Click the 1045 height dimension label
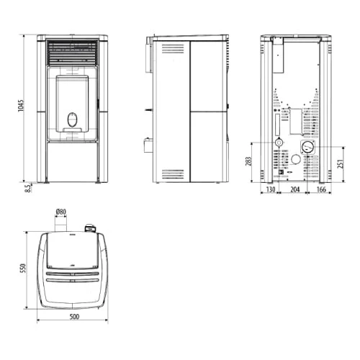(x=21, y=106)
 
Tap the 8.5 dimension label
(x=28, y=188)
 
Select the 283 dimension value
(x=248, y=161)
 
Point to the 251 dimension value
(x=341, y=163)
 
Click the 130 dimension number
(x=271, y=189)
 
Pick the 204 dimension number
(x=295, y=189)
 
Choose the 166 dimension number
(x=321, y=189)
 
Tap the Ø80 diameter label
(x=61, y=212)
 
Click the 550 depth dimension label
(x=23, y=269)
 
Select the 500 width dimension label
(x=74, y=317)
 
